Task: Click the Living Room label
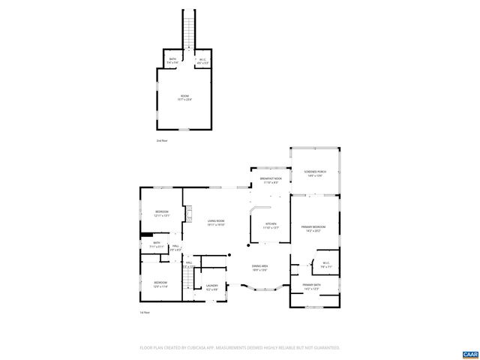tap(216, 221)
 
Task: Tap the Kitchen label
tap(271, 226)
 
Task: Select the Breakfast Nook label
tap(271, 180)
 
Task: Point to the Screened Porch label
tap(314, 173)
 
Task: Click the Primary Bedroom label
tap(313, 229)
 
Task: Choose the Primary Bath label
tap(312, 286)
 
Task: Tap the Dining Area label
tap(260, 268)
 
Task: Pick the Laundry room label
tap(211, 286)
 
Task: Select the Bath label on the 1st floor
tap(157, 244)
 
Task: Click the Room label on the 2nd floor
tap(184, 97)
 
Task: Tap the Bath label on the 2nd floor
tap(172, 61)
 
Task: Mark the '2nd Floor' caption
tap(162, 140)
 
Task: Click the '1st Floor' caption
tap(145, 312)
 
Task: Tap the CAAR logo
tap(470, 353)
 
